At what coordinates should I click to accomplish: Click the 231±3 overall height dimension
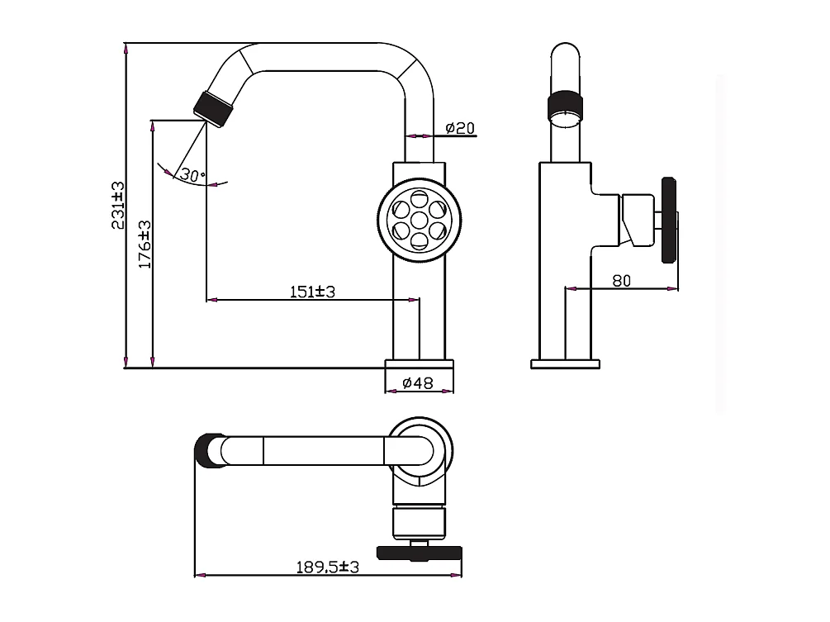pyautogui.click(x=118, y=205)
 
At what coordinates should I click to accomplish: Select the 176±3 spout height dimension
pyautogui.click(x=145, y=245)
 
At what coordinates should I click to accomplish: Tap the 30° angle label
pyautogui.click(x=192, y=175)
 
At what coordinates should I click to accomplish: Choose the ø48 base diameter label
pyautogui.click(x=419, y=382)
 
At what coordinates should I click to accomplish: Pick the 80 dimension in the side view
pyautogui.click(x=621, y=281)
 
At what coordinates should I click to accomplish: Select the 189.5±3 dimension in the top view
pyautogui.click(x=328, y=567)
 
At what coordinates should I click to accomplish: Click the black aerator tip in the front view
pyautogui.click(x=211, y=109)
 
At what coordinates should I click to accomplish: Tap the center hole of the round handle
pyautogui.click(x=419, y=220)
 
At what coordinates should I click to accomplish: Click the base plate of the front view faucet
pyautogui.click(x=420, y=363)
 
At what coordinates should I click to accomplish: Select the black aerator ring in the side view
pyautogui.click(x=566, y=103)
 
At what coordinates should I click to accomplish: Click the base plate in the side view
pyautogui.click(x=566, y=363)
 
